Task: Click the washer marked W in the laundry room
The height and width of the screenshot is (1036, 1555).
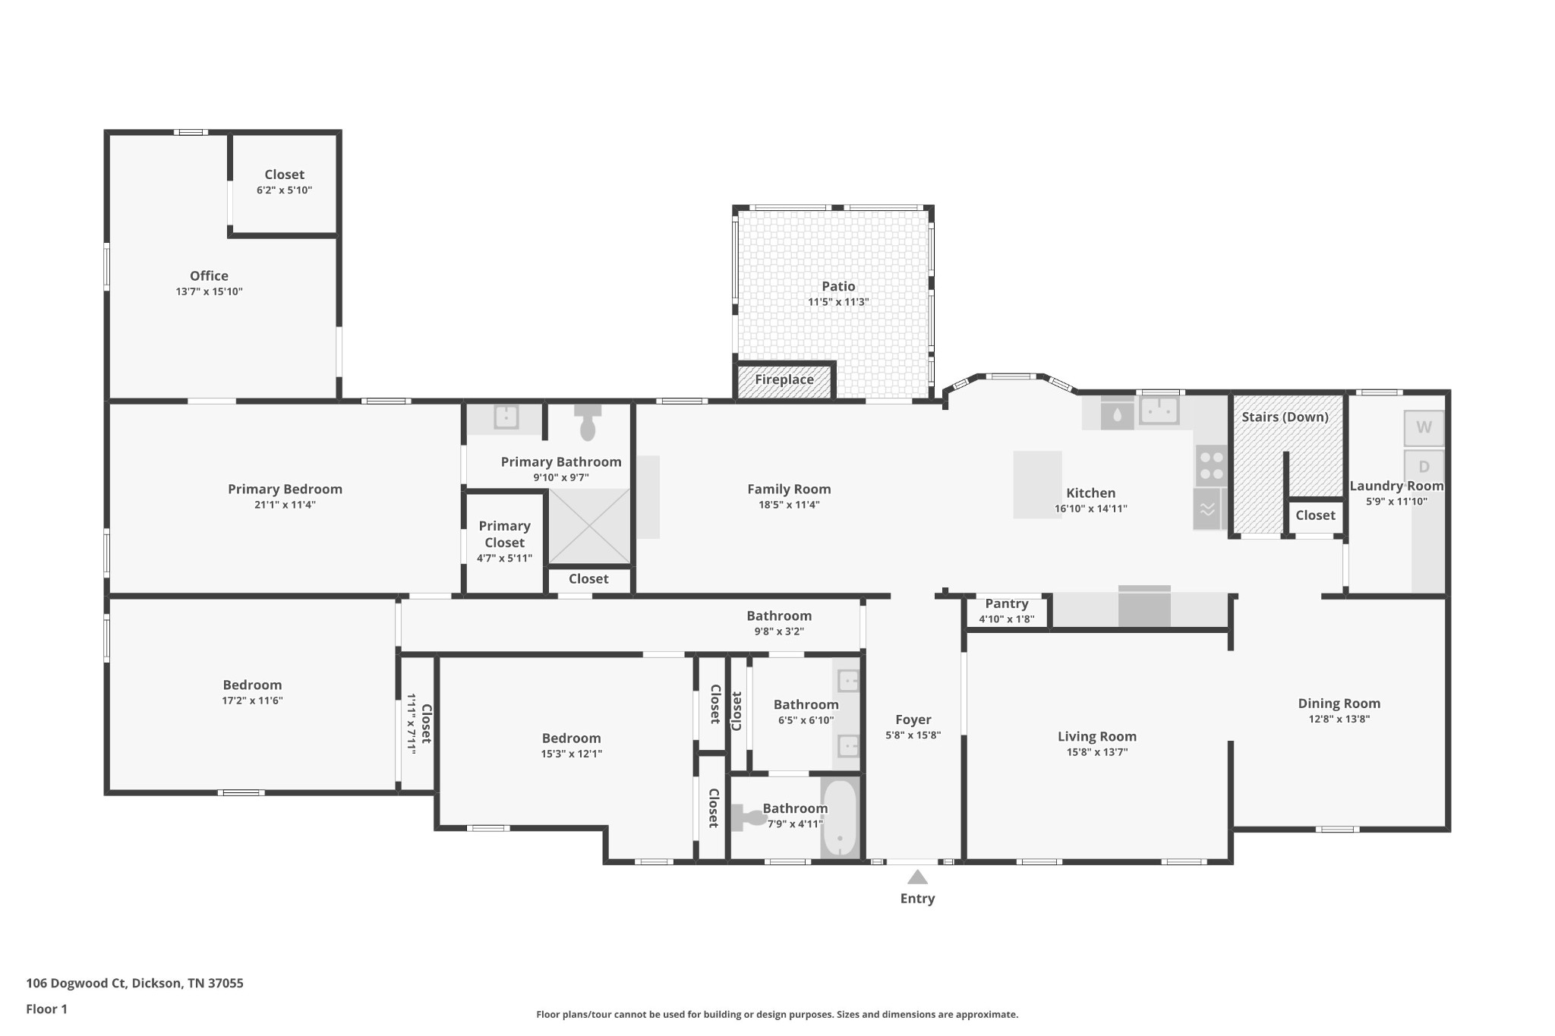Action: (x=1424, y=427)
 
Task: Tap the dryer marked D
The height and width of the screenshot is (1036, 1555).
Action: (x=1424, y=467)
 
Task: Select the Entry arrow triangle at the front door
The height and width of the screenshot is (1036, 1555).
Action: (x=917, y=877)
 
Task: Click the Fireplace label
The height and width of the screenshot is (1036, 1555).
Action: (x=784, y=379)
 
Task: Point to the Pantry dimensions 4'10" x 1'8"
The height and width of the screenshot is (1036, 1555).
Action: (x=1006, y=619)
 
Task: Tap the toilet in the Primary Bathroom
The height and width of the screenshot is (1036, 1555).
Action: (x=588, y=424)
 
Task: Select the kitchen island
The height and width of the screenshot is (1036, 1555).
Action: (x=1037, y=484)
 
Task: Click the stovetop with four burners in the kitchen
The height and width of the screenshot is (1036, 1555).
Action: (x=1211, y=465)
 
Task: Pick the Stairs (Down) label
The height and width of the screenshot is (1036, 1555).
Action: (x=1285, y=417)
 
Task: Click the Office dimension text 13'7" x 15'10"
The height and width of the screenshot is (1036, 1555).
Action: (x=209, y=291)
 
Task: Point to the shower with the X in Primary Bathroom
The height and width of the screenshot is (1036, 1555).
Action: (x=589, y=525)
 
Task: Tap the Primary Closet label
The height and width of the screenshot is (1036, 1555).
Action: (x=504, y=534)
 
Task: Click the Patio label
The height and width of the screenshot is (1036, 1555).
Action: (x=838, y=286)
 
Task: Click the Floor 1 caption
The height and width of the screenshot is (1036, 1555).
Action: (x=46, y=1009)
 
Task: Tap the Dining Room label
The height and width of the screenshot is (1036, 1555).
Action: (x=1339, y=704)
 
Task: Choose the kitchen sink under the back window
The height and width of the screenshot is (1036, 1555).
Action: (x=1159, y=411)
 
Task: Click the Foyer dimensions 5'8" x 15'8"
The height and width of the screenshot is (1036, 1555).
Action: (x=913, y=735)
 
